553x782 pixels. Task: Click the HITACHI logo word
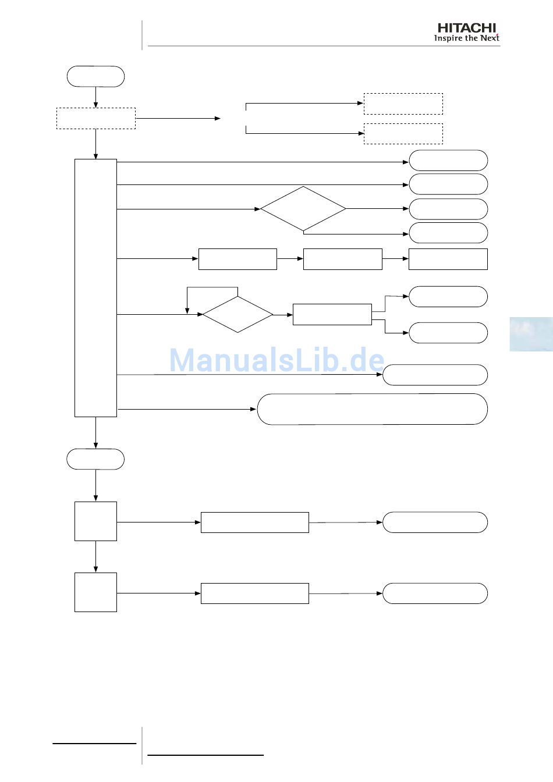click(467, 28)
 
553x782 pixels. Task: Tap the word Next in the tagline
click(490, 38)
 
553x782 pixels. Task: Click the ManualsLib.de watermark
click(276, 360)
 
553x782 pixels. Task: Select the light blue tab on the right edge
click(531, 334)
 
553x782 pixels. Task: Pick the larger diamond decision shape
click(303, 209)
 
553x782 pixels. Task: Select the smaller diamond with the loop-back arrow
click(237, 315)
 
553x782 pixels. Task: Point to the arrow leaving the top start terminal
click(95, 97)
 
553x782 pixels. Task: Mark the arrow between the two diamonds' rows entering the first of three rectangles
click(158, 259)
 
